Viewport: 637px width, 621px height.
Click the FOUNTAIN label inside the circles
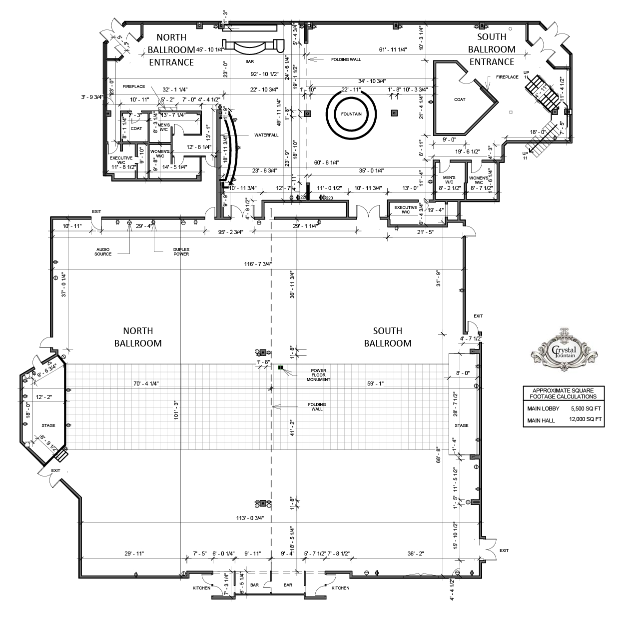point(351,114)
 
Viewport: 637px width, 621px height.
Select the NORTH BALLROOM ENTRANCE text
point(171,49)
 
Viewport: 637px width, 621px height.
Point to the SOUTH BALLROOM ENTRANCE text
point(492,49)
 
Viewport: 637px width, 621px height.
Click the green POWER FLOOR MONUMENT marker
point(281,368)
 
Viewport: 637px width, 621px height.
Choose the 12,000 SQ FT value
point(585,420)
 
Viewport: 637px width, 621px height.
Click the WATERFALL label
point(266,135)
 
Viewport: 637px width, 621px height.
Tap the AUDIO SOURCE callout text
point(103,251)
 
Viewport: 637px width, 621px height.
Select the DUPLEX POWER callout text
point(180,251)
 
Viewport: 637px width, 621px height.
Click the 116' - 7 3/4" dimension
point(258,264)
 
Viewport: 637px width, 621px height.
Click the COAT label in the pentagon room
point(460,99)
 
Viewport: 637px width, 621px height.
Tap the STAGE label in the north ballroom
point(48,425)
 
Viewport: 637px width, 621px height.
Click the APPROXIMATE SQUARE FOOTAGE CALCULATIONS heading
point(564,393)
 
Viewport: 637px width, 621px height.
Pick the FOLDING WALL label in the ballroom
point(317,406)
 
